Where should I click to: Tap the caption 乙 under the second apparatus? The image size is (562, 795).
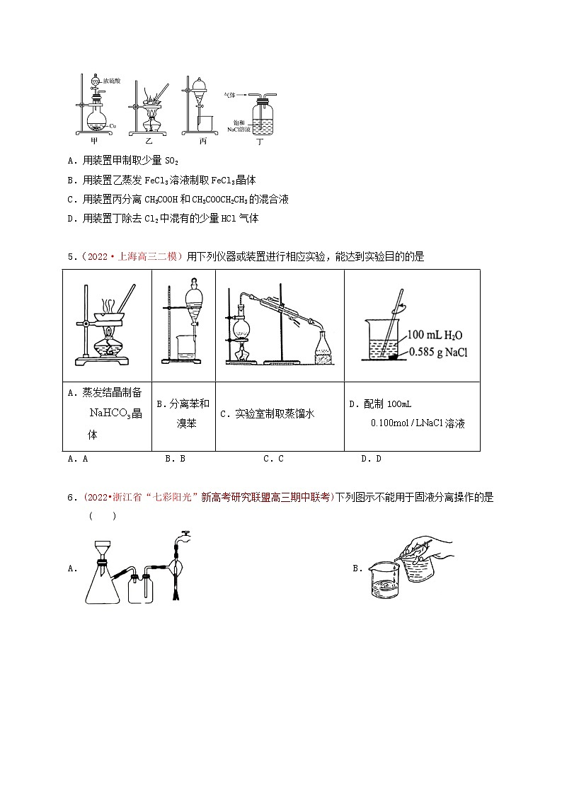coord(148,140)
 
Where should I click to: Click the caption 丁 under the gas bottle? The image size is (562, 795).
coord(260,142)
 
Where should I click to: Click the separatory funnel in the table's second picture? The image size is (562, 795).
coord(190,297)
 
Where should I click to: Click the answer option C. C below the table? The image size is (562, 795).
coord(273,459)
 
